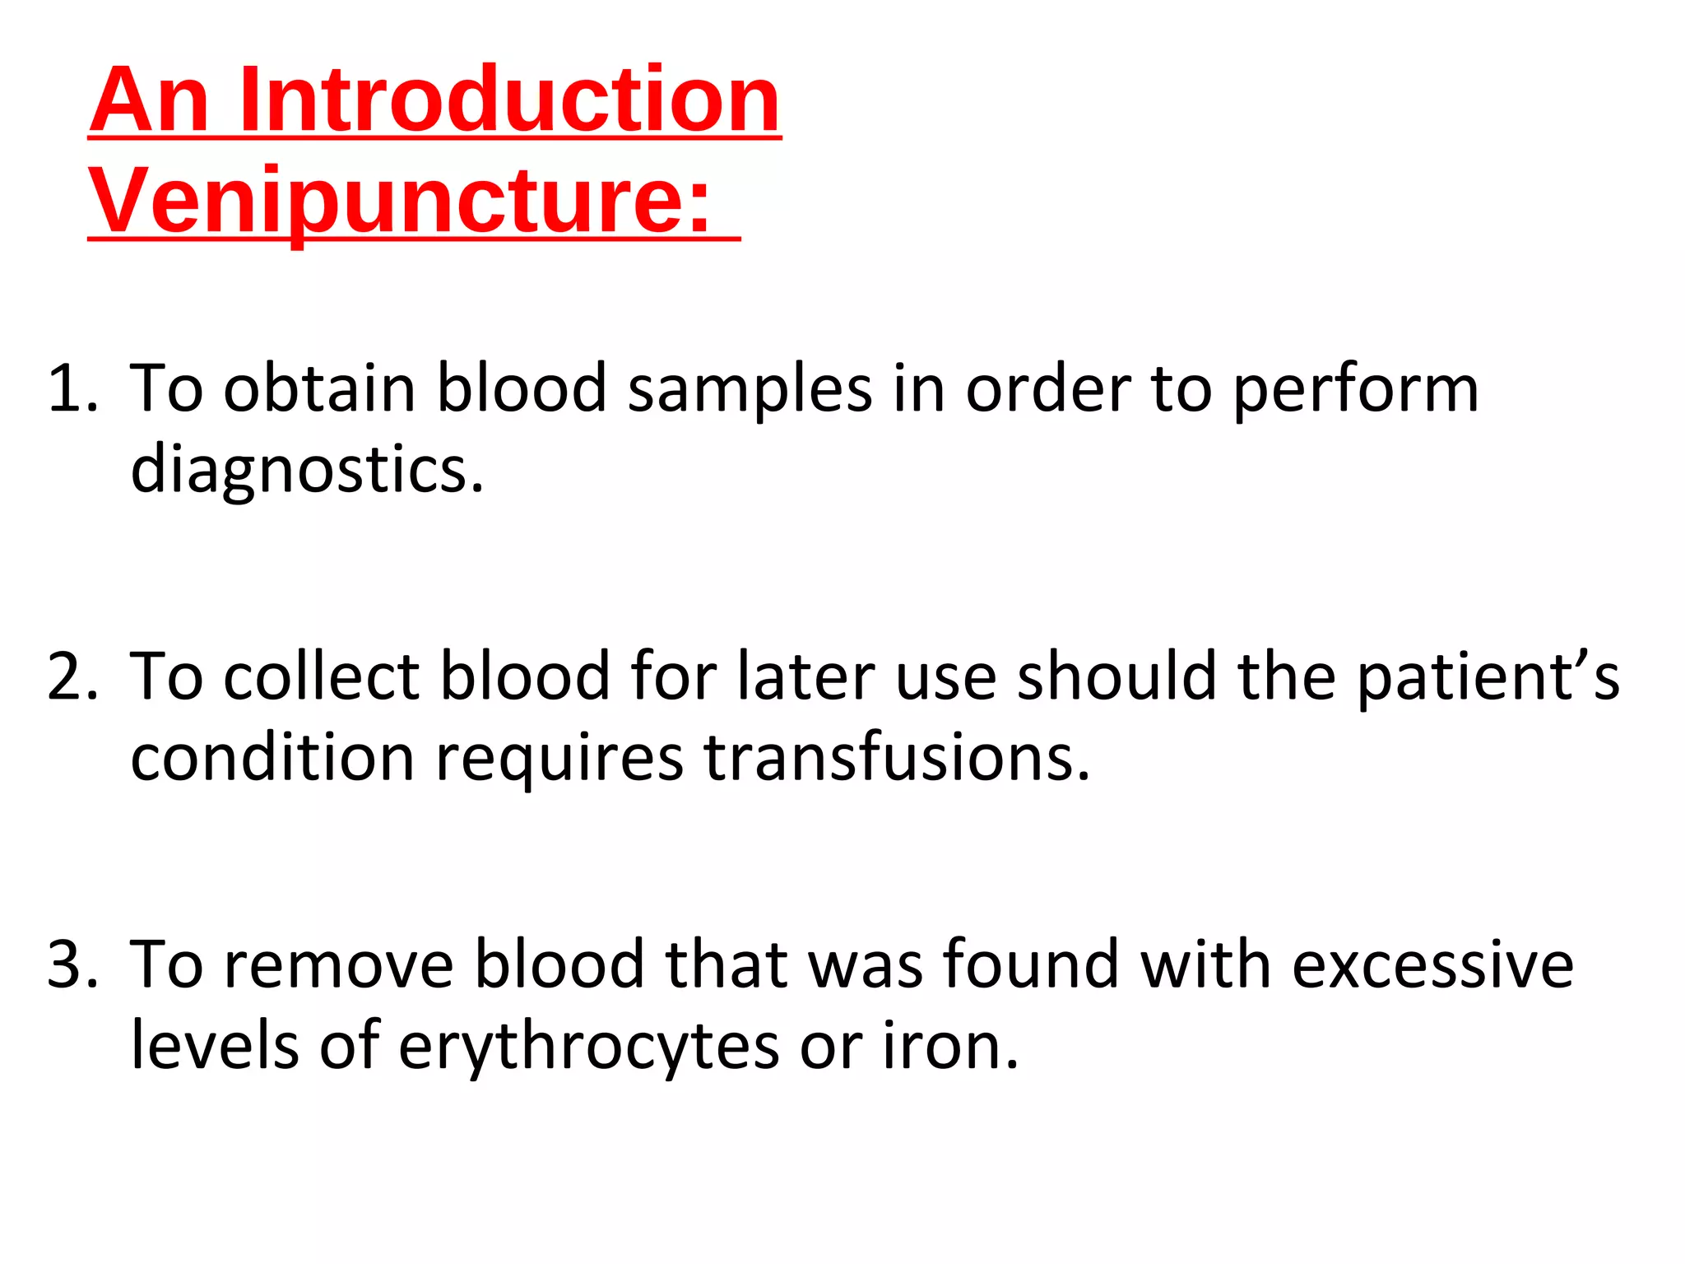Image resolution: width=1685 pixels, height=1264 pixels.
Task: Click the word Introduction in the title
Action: pyautogui.click(x=510, y=100)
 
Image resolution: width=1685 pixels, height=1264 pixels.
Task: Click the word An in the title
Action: pyautogui.click(x=149, y=100)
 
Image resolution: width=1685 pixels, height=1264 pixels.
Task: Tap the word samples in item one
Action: pyautogui.click(x=750, y=388)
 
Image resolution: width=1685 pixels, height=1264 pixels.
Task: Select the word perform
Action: pyautogui.click(x=1356, y=388)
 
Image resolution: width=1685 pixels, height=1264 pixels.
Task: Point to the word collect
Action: pyautogui.click(x=322, y=676)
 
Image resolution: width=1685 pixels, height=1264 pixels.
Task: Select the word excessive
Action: pyautogui.click(x=1432, y=964)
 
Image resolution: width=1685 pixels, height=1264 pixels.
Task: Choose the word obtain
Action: pyautogui.click(x=319, y=388)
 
